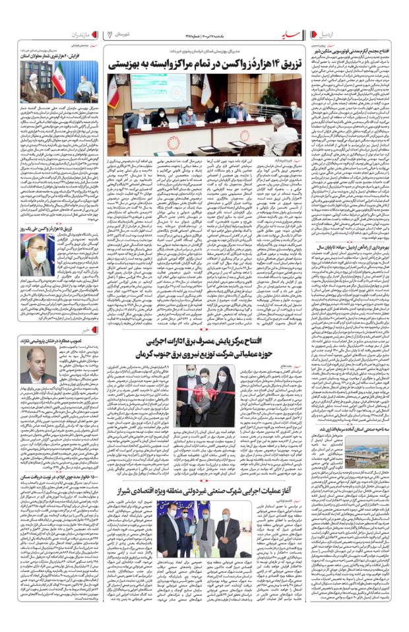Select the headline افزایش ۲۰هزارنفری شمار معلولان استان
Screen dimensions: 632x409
tap(63, 56)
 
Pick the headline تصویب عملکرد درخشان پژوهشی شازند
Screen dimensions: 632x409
tap(62, 341)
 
